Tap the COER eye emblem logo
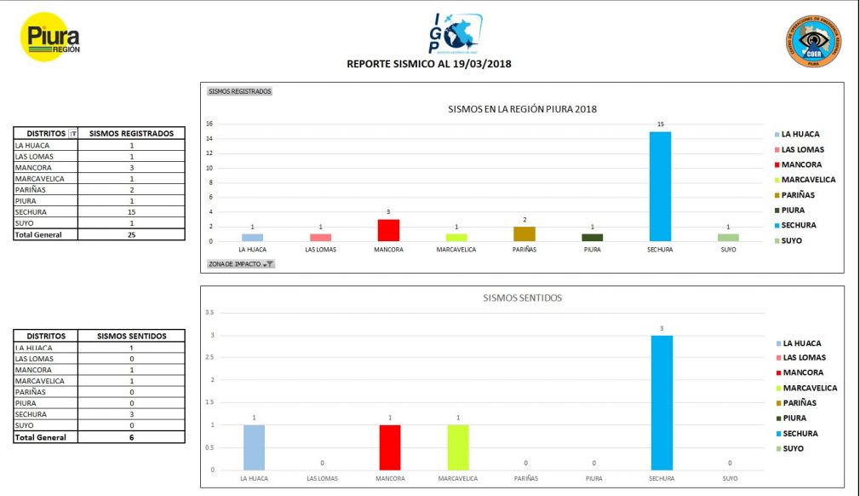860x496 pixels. coord(812,42)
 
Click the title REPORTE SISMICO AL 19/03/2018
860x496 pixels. coord(429,64)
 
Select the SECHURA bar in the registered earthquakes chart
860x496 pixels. coord(660,186)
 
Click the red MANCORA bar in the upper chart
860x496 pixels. coord(389,230)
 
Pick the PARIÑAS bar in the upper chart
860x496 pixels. coord(524,234)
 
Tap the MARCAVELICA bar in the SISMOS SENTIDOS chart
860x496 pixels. coord(456,447)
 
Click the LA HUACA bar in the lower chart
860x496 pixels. coord(253,447)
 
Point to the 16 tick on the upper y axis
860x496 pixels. coord(209,124)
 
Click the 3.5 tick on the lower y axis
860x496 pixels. coord(209,313)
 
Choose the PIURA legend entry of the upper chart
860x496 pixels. coord(793,210)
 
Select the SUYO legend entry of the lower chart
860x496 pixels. coord(793,448)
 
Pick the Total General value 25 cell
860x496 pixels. coord(131,234)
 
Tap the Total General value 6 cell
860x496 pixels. coord(131,437)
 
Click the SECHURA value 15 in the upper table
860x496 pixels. coord(131,212)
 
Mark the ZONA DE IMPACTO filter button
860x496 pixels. coord(241,264)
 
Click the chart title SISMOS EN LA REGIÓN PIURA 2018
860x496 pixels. coord(522,109)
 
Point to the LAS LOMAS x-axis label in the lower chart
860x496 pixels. coord(322,479)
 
